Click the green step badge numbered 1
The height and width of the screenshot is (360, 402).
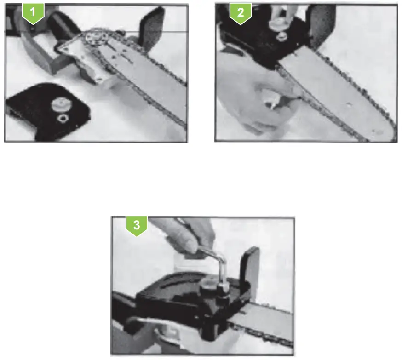click(x=33, y=12)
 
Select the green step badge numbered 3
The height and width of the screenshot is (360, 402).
click(x=137, y=225)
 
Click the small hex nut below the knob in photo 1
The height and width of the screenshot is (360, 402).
click(x=61, y=119)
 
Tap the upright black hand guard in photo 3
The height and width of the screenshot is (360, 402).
click(x=251, y=267)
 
